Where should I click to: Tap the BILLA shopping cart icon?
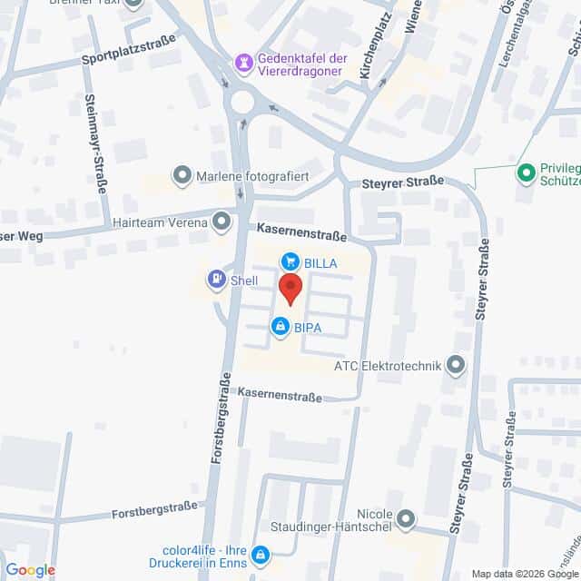point(290,261)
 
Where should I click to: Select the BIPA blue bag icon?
point(281,326)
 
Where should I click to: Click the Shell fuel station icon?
point(217,279)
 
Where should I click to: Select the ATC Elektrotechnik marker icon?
point(457,366)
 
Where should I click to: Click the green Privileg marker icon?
point(526,172)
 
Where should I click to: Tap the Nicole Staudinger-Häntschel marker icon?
point(406,520)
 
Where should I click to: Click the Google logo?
point(30,569)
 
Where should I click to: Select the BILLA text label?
point(321,262)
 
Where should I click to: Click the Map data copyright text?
point(524,573)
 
